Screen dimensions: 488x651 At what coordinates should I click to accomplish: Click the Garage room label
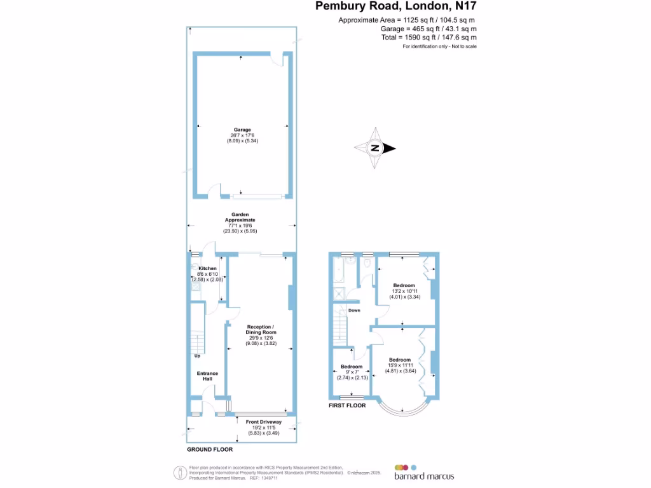(242, 130)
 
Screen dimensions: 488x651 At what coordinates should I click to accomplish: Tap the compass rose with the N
(375, 148)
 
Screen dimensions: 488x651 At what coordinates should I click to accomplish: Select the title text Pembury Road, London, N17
(396, 7)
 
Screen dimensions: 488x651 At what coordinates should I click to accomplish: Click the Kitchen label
(204, 269)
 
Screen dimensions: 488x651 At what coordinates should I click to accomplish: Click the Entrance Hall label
(207, 376)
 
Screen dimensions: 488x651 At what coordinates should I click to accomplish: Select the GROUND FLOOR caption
(210, 449)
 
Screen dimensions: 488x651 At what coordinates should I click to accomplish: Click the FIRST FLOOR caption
(347, 405)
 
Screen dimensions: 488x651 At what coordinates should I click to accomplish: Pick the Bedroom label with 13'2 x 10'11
(404, 285)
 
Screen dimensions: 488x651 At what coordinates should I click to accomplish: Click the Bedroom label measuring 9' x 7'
(352, 367)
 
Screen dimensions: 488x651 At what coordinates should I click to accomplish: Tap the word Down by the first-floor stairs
(354, 311)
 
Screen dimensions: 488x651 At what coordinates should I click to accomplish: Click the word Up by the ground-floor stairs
(198, 355)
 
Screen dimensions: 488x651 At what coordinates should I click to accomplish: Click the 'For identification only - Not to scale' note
(439, 46)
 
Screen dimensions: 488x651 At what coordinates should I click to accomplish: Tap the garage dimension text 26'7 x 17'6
(242, 135)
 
